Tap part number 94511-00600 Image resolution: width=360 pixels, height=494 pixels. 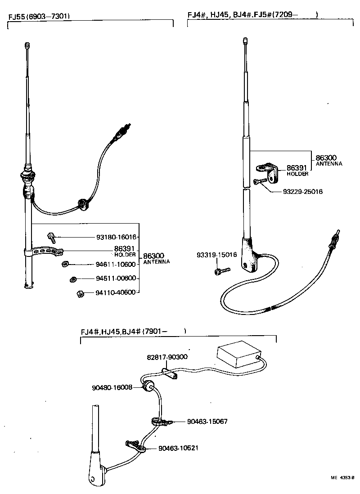coord(116,278)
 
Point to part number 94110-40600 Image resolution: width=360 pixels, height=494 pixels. coord(116,292)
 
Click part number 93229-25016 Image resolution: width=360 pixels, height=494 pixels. coord(302,192)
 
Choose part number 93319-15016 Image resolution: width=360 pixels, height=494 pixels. coord(216,255)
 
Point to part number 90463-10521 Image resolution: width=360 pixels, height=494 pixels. coord(178,448)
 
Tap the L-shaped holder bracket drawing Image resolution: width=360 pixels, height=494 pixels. coord(269,173)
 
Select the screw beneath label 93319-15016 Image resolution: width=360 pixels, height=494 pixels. coord(222,270)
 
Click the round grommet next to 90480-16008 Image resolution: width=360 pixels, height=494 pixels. coord(148,386)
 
